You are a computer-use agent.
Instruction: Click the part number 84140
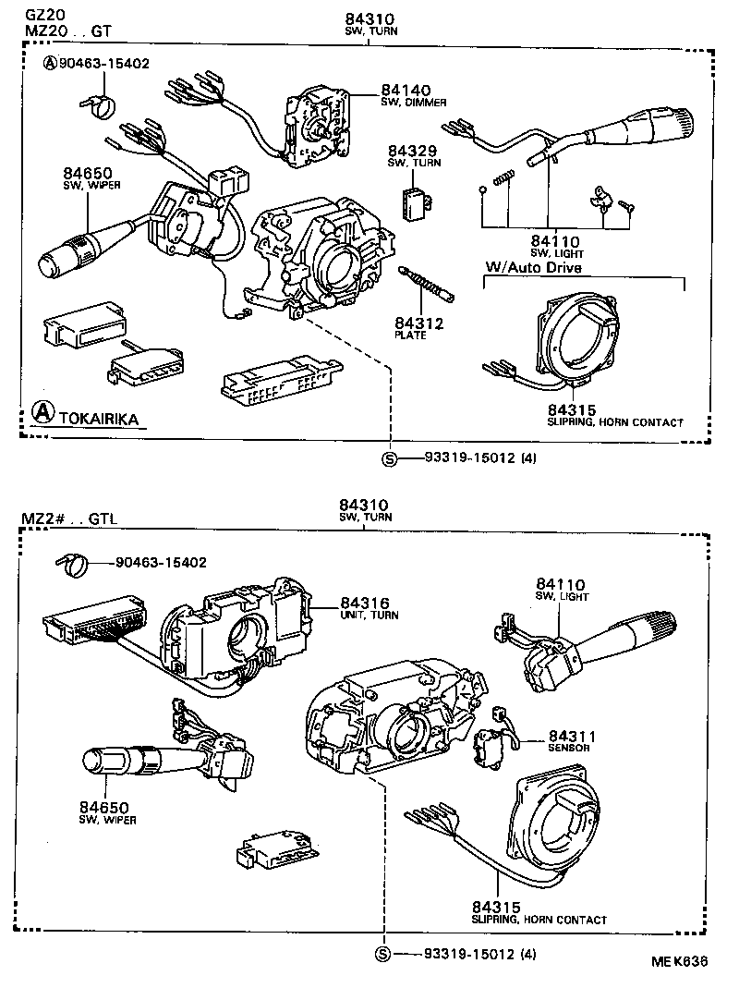406,91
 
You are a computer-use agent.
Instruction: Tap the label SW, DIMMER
408,104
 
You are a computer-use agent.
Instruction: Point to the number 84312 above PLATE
419,323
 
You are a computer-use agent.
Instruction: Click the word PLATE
410,335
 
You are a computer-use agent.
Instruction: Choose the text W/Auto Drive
534,268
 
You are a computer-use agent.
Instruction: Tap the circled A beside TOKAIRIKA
41,413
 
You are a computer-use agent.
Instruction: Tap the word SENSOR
568,748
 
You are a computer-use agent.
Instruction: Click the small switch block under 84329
417,201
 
